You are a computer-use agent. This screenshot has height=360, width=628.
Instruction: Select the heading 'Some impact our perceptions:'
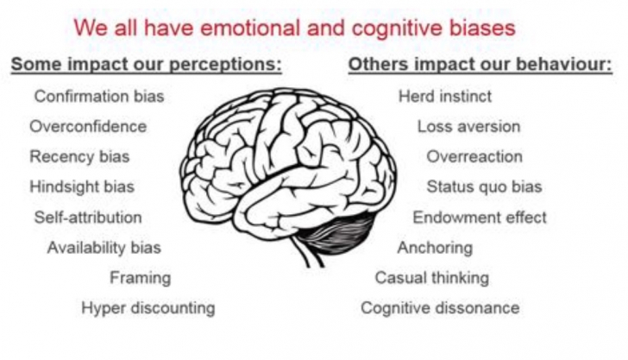click(146, 65)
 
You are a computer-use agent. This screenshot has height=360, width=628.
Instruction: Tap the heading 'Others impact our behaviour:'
click(480, 65)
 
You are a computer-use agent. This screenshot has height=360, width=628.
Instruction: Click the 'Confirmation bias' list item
click(99, 97)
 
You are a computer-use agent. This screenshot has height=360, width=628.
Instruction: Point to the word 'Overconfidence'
click(88, 127)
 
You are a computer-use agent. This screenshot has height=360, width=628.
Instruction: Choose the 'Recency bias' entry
click(79, 157)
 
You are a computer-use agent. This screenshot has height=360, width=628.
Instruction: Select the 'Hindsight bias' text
click(82, 186)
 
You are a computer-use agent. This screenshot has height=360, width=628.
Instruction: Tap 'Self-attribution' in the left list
click(88, 218)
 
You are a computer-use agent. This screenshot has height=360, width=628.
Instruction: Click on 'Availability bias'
click(104, 248)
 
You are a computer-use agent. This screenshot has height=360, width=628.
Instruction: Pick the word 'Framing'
click(140, 278)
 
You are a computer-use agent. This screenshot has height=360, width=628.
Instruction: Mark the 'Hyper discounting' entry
click(148, 308)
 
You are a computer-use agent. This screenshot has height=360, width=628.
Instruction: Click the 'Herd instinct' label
click(445, 97)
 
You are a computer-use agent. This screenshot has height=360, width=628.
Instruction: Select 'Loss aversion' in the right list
click(468, 127)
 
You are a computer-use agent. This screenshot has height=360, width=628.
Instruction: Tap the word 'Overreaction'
click(474, 157)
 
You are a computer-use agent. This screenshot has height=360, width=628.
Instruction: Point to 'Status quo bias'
click(484, 186)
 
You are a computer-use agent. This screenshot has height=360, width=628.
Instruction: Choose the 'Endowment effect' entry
click(479, 218)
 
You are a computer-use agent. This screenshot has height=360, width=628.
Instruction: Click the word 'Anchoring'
click(435, 248)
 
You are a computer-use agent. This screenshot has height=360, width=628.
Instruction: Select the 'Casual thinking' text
click(431, 278)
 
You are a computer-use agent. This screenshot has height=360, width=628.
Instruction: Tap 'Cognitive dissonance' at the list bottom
click(440, 308)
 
